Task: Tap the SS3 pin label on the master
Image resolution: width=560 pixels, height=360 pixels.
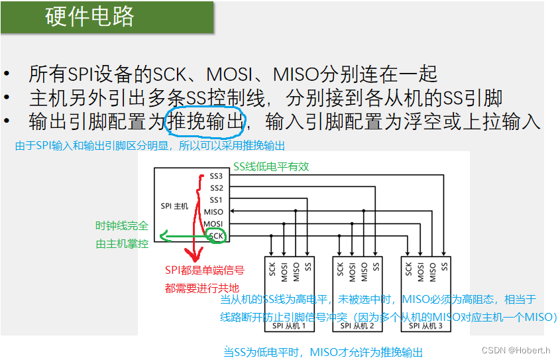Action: click(x=216, y=176)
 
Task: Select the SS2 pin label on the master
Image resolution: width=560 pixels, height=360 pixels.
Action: click(x=216, y=188)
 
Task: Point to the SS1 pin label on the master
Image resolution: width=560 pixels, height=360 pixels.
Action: click(x=216, y=200)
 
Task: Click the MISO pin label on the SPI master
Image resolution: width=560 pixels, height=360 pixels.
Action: click(x=214, y=212)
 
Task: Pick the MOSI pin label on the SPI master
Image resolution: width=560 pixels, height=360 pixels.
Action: click(x=214, y=223)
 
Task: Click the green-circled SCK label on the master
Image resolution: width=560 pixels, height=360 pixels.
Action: click(x=216, y=235)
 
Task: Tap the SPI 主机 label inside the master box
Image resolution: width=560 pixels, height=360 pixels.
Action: click(x=174, y=206)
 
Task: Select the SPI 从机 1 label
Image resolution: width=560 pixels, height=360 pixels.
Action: click(x=286, y=326)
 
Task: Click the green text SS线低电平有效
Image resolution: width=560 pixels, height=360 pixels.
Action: click(x=271, y=167)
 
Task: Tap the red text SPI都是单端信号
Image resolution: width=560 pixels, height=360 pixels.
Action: click(x=204, y=270)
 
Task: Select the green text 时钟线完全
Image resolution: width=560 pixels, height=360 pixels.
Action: click(x=122, y=226)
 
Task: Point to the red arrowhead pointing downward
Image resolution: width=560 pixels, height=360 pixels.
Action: click(x=195, y=255)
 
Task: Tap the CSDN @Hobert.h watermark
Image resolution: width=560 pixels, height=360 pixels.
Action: click(x=516, y=350)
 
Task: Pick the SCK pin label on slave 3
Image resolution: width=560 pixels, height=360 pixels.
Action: click(x=409, y=269)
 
